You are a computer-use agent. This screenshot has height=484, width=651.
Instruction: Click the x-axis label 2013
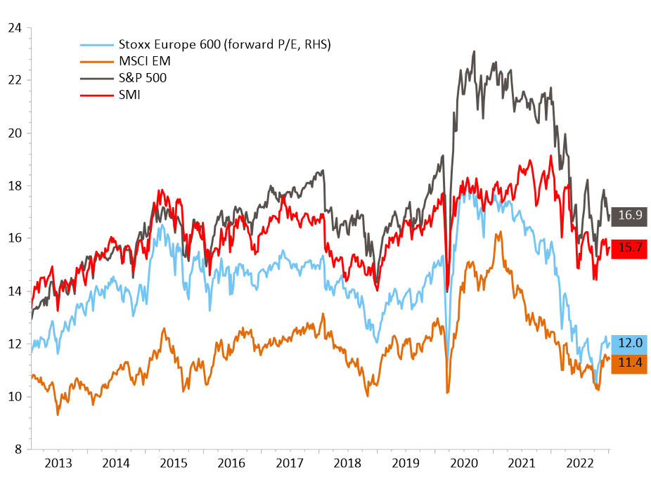[58, 464]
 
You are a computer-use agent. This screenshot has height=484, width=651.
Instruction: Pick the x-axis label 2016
[231, 464]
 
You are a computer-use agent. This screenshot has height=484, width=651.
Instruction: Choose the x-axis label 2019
[406, 464]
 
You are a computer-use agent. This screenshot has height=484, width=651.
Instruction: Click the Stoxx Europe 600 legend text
[225, 45]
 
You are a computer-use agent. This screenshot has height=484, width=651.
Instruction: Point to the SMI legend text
[130, 95]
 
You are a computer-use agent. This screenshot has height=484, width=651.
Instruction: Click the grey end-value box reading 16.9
[629, 216]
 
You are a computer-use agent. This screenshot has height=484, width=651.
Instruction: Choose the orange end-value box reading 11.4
[629, 363]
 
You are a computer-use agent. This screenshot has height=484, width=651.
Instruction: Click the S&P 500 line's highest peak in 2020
[475, 51]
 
